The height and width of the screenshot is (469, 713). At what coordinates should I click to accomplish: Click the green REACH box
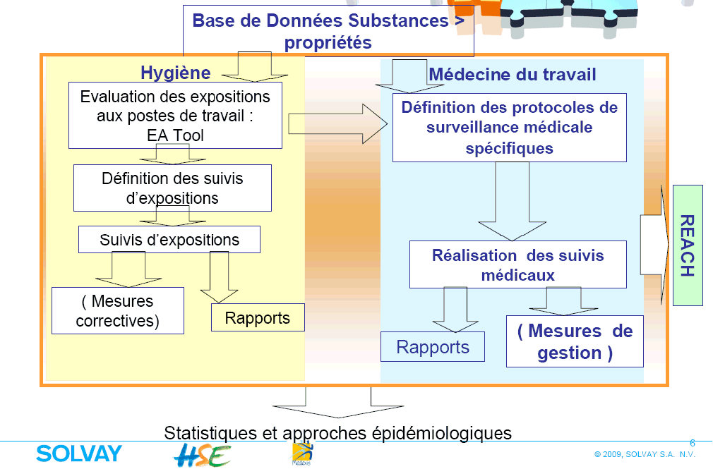(x=688, y=245)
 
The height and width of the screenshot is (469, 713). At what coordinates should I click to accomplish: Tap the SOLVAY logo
(x=78, y=453)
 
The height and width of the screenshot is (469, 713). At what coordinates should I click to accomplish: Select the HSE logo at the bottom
(x=202, y=455)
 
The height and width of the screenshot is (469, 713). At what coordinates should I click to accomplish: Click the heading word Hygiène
(x=175, y=73)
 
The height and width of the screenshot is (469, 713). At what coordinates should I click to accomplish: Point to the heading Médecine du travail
(x=513, y=75)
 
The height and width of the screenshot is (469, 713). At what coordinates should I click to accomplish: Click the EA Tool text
(x=174, y=135)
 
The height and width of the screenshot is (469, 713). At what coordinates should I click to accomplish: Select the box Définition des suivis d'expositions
(x=172, y=188)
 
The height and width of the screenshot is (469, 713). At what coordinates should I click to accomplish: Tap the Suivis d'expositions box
(x=169, y=240)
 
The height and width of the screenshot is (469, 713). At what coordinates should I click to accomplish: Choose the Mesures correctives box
(x=118, y=311)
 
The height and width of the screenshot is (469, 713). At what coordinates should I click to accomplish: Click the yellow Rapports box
(x=258, y=318)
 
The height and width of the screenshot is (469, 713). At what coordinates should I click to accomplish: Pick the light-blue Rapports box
(x=433, y=347)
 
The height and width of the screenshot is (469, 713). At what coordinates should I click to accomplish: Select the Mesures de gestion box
(x=575, y=341)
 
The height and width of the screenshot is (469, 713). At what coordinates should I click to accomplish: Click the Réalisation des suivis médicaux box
(x=517, y=264)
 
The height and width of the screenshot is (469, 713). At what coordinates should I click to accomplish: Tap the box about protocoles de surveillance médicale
(x=509, y=128)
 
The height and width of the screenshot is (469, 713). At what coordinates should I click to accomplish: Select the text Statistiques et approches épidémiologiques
(x=337, y=432)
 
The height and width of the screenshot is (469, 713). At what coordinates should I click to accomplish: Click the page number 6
(x=692, y=444)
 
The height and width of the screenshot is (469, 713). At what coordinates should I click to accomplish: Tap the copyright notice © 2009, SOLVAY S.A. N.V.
(x=645, y=455)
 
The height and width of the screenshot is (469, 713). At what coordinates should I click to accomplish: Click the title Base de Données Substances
(x=328, y=30)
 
